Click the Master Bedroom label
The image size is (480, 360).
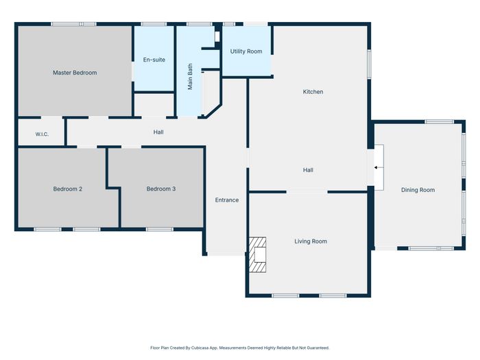coord(75,73)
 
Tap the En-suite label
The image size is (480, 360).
coord(154,60)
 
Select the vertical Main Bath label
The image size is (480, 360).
coord(190,77)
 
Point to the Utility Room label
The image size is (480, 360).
coord(246,51)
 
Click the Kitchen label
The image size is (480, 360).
coord(313,91)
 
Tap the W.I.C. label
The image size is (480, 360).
coord(42,134)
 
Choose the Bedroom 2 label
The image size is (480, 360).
coord(68,189)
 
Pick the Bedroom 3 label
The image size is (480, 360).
coord(161,189)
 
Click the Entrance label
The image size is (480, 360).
coord(227,200)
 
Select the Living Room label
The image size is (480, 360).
coord(311,241)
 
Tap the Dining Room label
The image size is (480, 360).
coord(418,190)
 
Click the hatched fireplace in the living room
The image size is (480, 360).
coord(257,254)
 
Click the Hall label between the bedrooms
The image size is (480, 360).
coord(158,132)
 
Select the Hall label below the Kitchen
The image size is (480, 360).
coord(308,170)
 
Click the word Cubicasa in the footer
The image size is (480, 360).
coord(199,348)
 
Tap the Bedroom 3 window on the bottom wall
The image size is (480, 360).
coord(160,229)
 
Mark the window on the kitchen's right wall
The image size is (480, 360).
coord(369,64)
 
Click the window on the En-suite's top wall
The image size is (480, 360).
coord(154,24)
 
